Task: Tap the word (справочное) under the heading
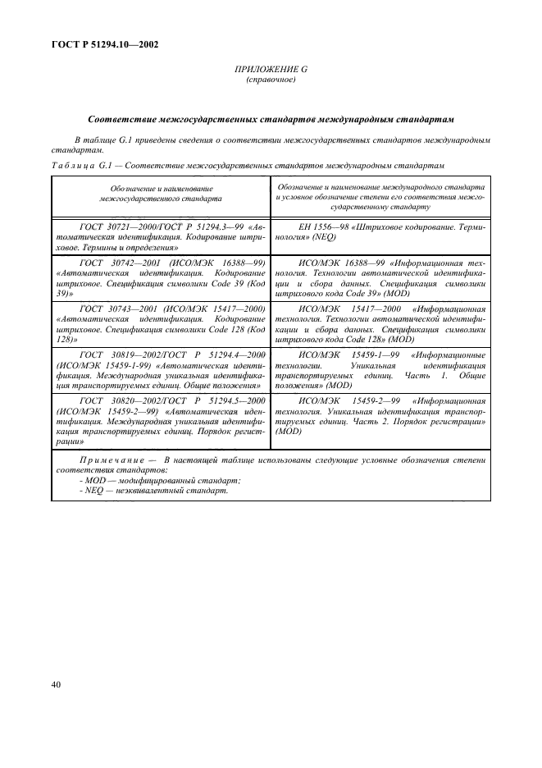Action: (270, 80)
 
